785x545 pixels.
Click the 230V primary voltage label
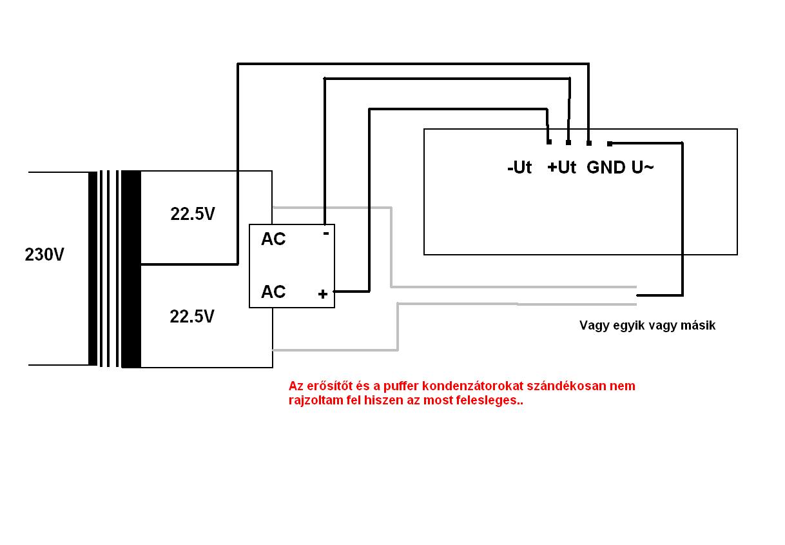[x=44, y=255]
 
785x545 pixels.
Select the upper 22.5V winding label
[x=192, y=214]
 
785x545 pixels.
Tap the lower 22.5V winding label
[x=192, y=317]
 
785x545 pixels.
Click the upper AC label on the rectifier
[x=273, y=239]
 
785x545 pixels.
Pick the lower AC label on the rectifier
[x=273, y=292]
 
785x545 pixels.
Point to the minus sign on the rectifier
[x=325, y=233]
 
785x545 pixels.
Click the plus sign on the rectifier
[x=323, y=295]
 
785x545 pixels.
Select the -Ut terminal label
[x=519, y=168]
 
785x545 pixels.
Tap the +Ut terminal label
[x=561, y=168]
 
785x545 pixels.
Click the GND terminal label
[x=606, y=168]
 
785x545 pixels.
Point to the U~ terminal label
[x=642, y=168]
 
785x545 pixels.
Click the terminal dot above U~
[x=610, y=143]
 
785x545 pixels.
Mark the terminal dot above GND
[x=589, y=143]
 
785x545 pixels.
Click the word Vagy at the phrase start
[x=593, y=326]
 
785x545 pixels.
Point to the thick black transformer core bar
[x=131, y=269]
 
